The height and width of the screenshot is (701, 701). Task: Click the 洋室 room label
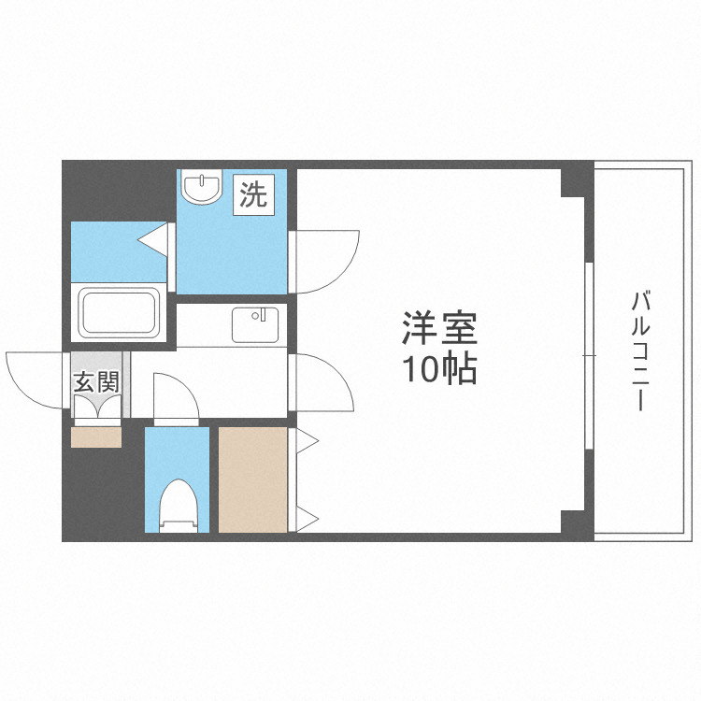coord(440,330)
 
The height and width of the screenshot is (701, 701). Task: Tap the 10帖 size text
coord(440,370)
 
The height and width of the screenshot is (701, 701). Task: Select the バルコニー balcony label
coord(640,351)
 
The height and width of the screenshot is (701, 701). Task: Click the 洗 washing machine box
coord(252,195)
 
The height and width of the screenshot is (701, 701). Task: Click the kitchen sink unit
coord(254,324)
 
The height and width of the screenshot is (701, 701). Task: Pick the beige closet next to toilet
coord(253,479)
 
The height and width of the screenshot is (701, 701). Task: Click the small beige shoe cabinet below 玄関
coord(95,436)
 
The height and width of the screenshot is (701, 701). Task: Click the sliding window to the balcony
coord(589,355)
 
